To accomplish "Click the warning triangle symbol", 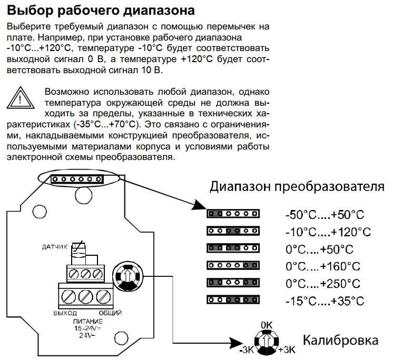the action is (x=21, y=98).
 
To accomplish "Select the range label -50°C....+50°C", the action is (x=325, y=215).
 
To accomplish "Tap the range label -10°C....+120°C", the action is (x=328, y=232).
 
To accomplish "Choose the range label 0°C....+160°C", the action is (x=323, y=266).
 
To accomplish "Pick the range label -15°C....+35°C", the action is (x=325, y=301).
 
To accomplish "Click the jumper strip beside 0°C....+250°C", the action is (x=233, y=283).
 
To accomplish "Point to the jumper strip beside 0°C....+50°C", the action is (x=233, y=248).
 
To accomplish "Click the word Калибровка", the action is (x=340, y=341).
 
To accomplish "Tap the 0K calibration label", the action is (x=267, y=325).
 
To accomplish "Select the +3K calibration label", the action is (x=287, y=349).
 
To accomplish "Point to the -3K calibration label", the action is (x=247, y=350).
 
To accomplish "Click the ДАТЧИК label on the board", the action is (x=55, y=247).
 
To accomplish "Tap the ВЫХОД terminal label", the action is (x=65, y=313).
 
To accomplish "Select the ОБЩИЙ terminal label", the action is (x=110, y=313).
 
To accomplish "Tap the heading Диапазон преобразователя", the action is (x=297, y=187).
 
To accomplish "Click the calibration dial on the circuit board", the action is (x=127, y=276).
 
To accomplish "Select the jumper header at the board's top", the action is (x=77, y=179).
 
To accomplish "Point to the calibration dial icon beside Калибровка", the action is (x=267, y=342).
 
